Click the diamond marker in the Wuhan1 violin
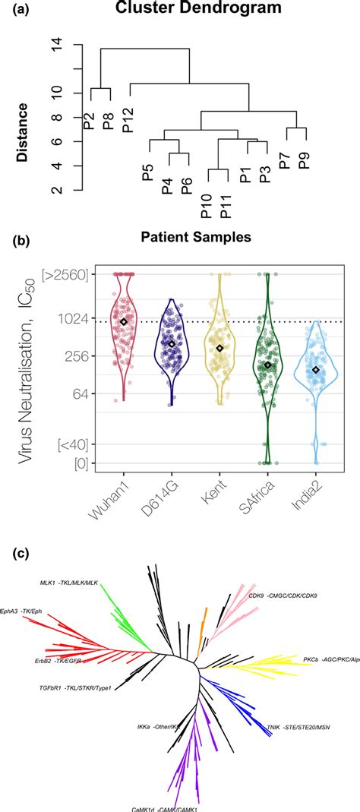click(123, 322)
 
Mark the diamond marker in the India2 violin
click(316, 370)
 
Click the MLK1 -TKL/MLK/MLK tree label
click(69, 583)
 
